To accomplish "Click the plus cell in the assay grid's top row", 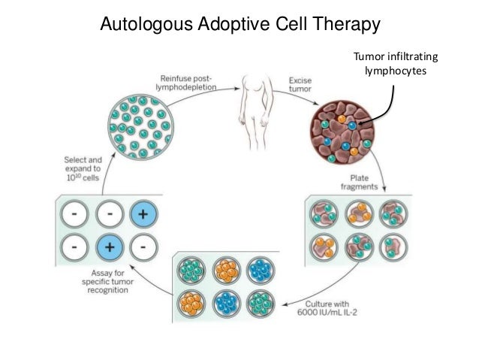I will coord(145,213).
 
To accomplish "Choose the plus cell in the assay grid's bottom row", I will coord(109,246).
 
